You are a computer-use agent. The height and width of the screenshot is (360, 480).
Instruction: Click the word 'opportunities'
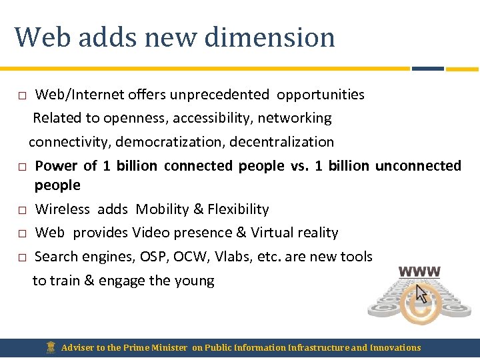pyautogui.click(x=321, y=95)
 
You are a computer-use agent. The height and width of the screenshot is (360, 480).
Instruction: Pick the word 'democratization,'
pyautogui.click(x=174, y=142)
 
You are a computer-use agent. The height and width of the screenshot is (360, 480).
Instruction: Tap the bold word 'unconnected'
pyautogui.click(x=418, y=165)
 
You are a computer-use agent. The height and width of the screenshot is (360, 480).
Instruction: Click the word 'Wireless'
pyautogui.click(x=62, y=209)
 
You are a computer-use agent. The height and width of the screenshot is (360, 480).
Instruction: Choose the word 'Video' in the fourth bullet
pyautogui.click(x=152, y=233)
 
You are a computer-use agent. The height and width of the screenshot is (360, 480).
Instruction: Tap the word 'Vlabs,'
pyautogui.click(x=238, y=257)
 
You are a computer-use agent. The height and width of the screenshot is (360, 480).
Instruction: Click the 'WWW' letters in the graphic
pyautogui.click(x=419, y=272)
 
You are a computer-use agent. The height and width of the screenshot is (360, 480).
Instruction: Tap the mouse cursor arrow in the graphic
pyautogui.click(x=421, y=295)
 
